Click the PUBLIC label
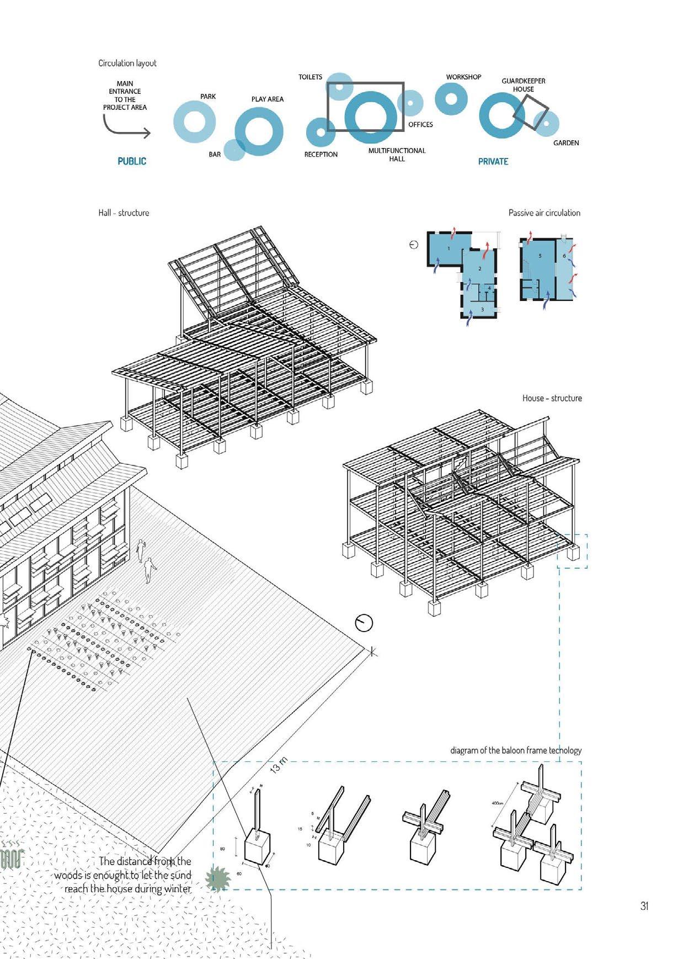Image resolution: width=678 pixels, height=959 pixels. (x=132, y=161)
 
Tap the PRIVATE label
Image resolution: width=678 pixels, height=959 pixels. (x=493, y=161)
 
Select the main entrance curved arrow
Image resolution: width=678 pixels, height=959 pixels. (x=126, y=127)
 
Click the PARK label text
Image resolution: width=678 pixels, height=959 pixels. (x=208, y=97)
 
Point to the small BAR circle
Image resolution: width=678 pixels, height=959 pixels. (x=234, y=150)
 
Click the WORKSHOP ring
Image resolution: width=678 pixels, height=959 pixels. (x=451, y=99)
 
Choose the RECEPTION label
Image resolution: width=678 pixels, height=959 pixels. (x=321, y=155)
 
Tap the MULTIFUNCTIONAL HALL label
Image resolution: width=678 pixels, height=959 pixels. (x=397, y=155)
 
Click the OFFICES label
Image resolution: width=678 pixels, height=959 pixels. (x=420, y=125)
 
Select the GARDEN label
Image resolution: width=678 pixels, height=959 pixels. (x=566, y=143)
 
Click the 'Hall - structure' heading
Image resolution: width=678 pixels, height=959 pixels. (x=124, y=213)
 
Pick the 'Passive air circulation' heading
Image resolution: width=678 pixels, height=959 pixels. (x=544, y=213)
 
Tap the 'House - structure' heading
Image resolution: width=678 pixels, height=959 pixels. (x=552, y=398)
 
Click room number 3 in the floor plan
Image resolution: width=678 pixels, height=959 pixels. (x=482, y=310)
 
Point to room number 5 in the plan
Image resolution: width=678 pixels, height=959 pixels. (x=540, y=256)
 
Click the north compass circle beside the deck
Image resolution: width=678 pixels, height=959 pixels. (x=364, y=623)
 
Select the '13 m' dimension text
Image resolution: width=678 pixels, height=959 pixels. (x=280, y=766)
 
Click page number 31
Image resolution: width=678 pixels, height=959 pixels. (x=644, y=906)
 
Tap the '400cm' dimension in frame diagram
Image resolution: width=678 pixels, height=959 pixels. (x=497, y=803)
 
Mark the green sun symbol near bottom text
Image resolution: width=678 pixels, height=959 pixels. (x=217, y=879)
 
